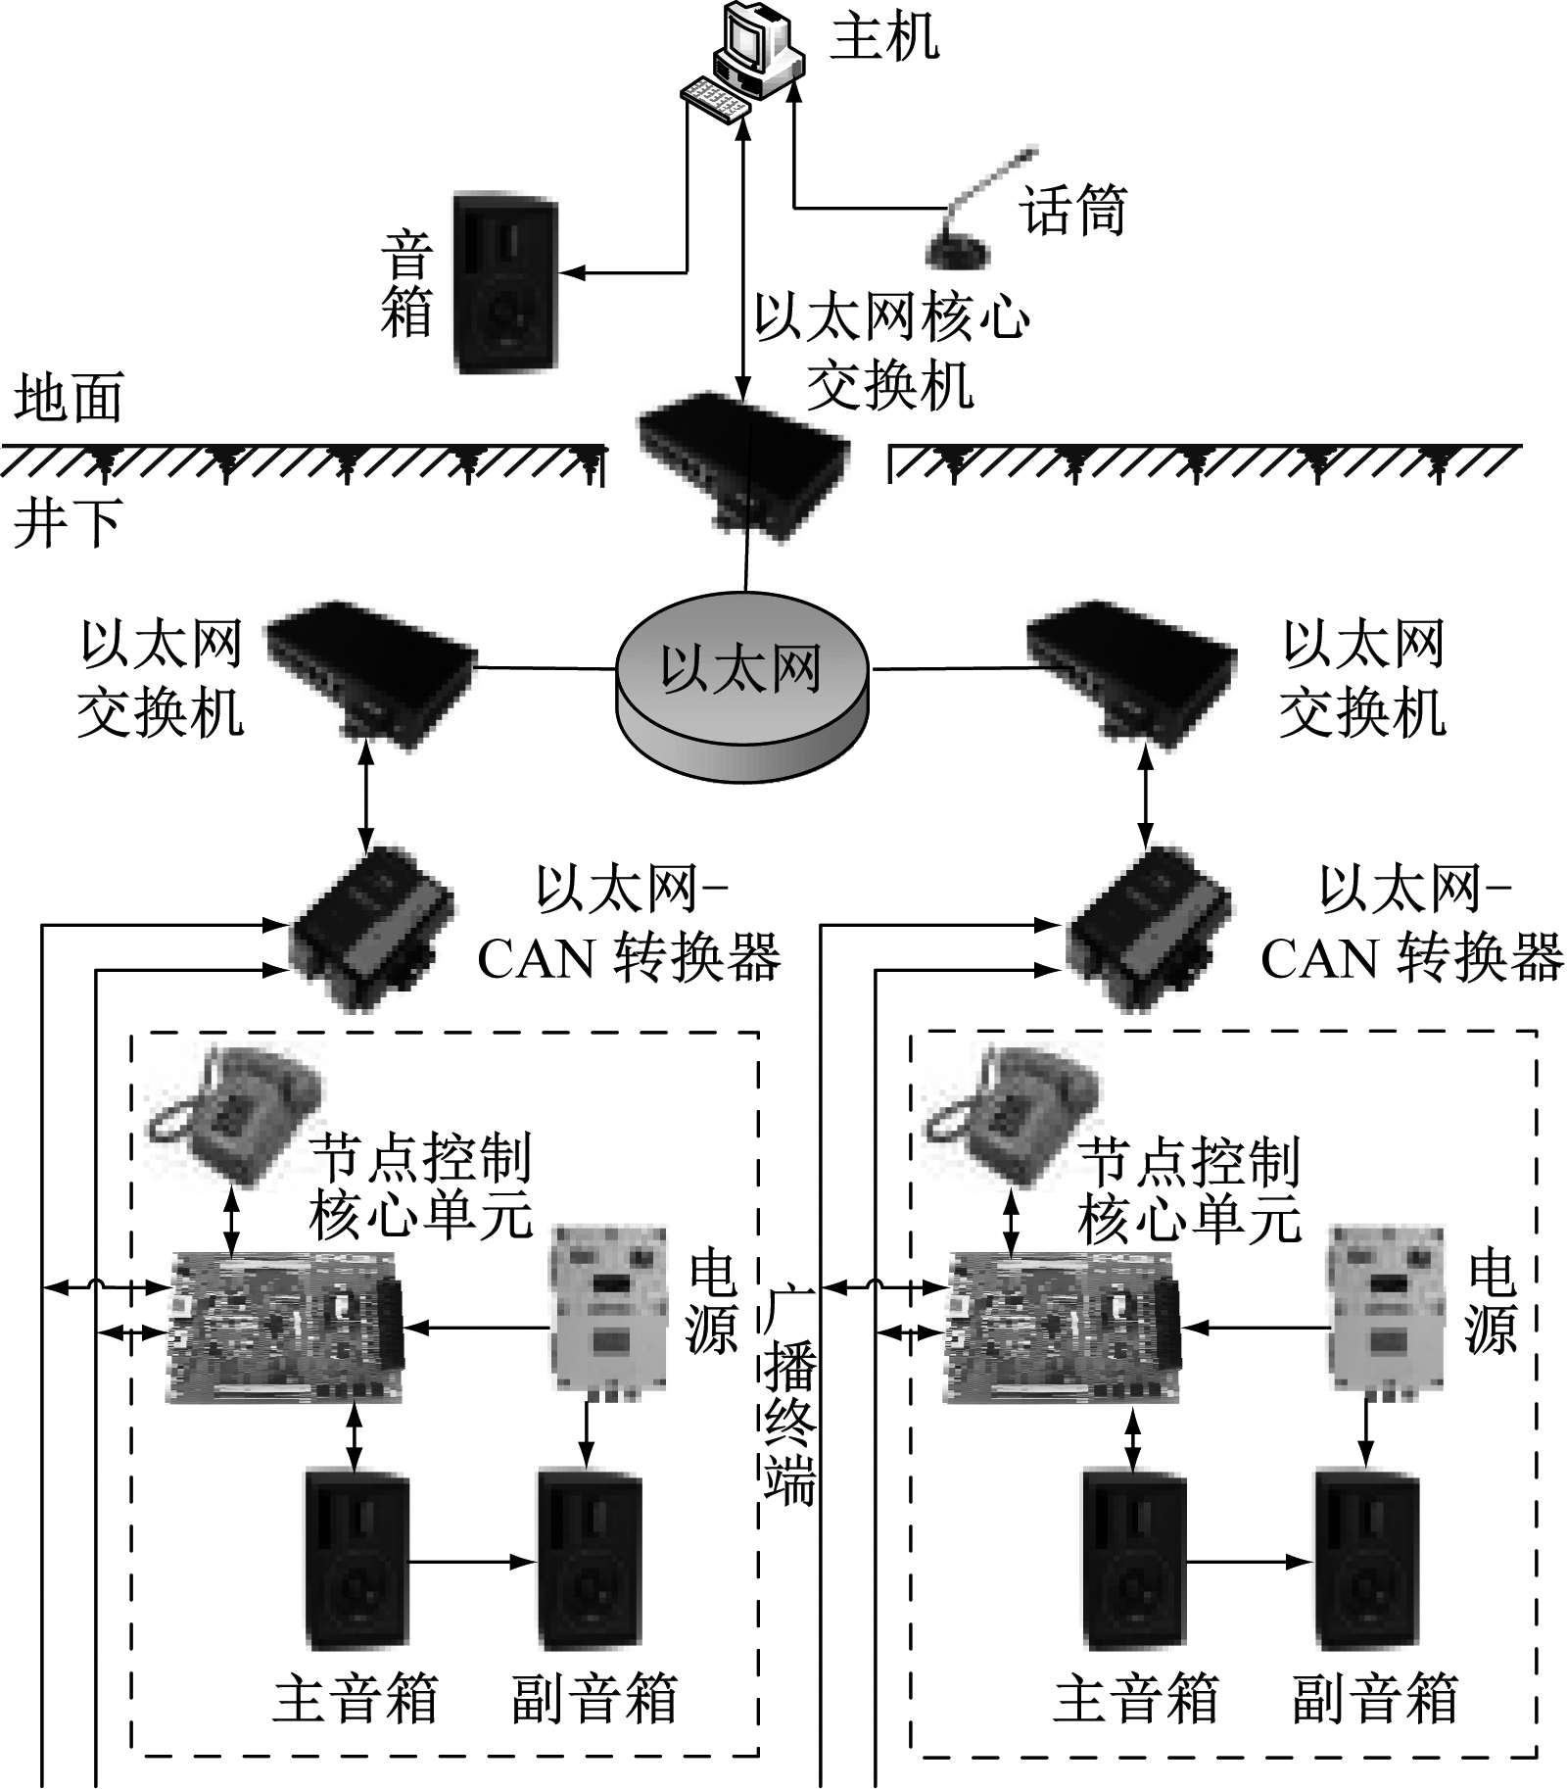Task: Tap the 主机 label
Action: pyautogui.click(x=884, y=38)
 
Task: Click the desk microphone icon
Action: pyautogui.click(x=965, y=216)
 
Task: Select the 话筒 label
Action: pyautogui.click(x=1072, y=210)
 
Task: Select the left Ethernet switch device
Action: pyautogui.click(x=370, y=671)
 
